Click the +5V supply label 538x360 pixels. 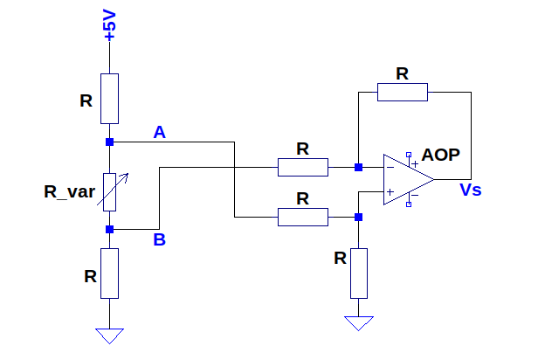109,24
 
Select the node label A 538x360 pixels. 160,132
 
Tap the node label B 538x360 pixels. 160,239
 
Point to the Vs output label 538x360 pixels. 471,190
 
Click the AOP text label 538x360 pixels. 440,155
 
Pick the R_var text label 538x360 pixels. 69,191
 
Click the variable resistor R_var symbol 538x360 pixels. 110,192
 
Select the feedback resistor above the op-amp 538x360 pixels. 403,92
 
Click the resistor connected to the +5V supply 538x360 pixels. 109,99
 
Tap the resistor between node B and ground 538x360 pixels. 109,273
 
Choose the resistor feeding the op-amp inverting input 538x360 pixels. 303,167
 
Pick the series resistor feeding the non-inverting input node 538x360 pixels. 303,217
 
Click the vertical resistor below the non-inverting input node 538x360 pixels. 359,273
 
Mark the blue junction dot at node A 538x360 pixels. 109,142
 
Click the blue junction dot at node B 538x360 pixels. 109,229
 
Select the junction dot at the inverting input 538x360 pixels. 359,167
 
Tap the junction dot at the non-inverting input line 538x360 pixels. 359,217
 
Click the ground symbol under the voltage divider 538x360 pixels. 109,336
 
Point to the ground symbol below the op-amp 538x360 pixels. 359,323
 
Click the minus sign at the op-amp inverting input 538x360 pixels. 390,168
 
